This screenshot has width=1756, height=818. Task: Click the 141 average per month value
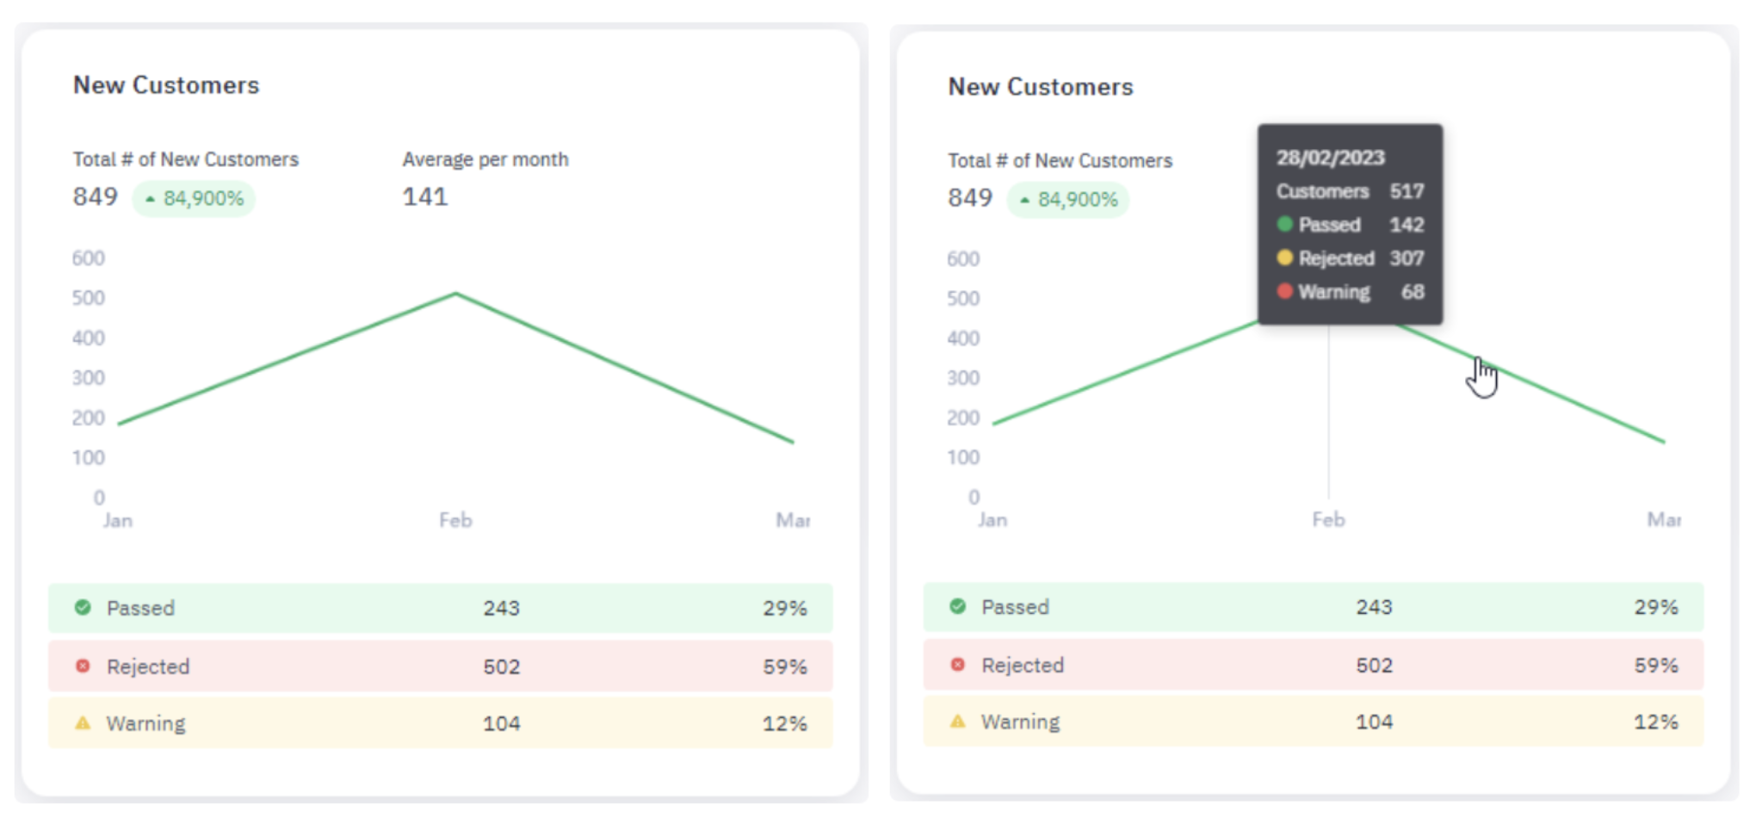pyautogui.click(x=425, y=197)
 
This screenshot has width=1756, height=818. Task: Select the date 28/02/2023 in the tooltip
pyautogui.click(x=1330, y=158)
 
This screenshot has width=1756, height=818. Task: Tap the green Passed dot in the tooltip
pyautogui.click(x=1285, y=225)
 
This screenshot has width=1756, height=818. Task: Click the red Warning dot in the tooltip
pyautogui.click(x=1285, y=292)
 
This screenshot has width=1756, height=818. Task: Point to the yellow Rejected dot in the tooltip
pyautogui.click(x=1285, y=258)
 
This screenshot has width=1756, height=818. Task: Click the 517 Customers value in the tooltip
pyautogui.click(x=1407, y=191)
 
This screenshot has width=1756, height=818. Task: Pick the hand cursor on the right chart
pyautogui.click(x=1481, y=377)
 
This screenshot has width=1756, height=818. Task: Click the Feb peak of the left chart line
pyautogui.click(x=455, y=294)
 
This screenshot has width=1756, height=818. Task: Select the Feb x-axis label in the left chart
pyautogui.click(x=455, y=520)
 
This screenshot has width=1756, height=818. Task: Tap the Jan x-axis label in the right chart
pyautogui.click(x=992, y=520)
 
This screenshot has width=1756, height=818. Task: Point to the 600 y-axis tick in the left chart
pyautogui.click(x=89, y=258)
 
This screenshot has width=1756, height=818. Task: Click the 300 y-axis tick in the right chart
pyautogui.click(x=963, y=378)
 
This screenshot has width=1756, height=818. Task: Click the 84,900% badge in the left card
pyautogui.click(x=195, y=199)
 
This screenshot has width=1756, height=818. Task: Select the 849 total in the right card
pyautogui.click(x=970, y=198)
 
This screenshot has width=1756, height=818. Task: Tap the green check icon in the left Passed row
pyautogui.click(x=83, y=608)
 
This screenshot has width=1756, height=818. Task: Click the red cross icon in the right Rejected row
pyautogui.click(x=957, y=665)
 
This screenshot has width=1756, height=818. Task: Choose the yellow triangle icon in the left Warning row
pyautogui.click(x=83, y=723)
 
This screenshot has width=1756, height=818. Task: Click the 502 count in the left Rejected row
pyautogui.click(x=501, y=667)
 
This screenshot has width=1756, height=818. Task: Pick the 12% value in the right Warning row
pyautogui.click(x=1655, y=722)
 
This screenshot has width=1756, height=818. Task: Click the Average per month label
pyautogui.click(x=485, y=159)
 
